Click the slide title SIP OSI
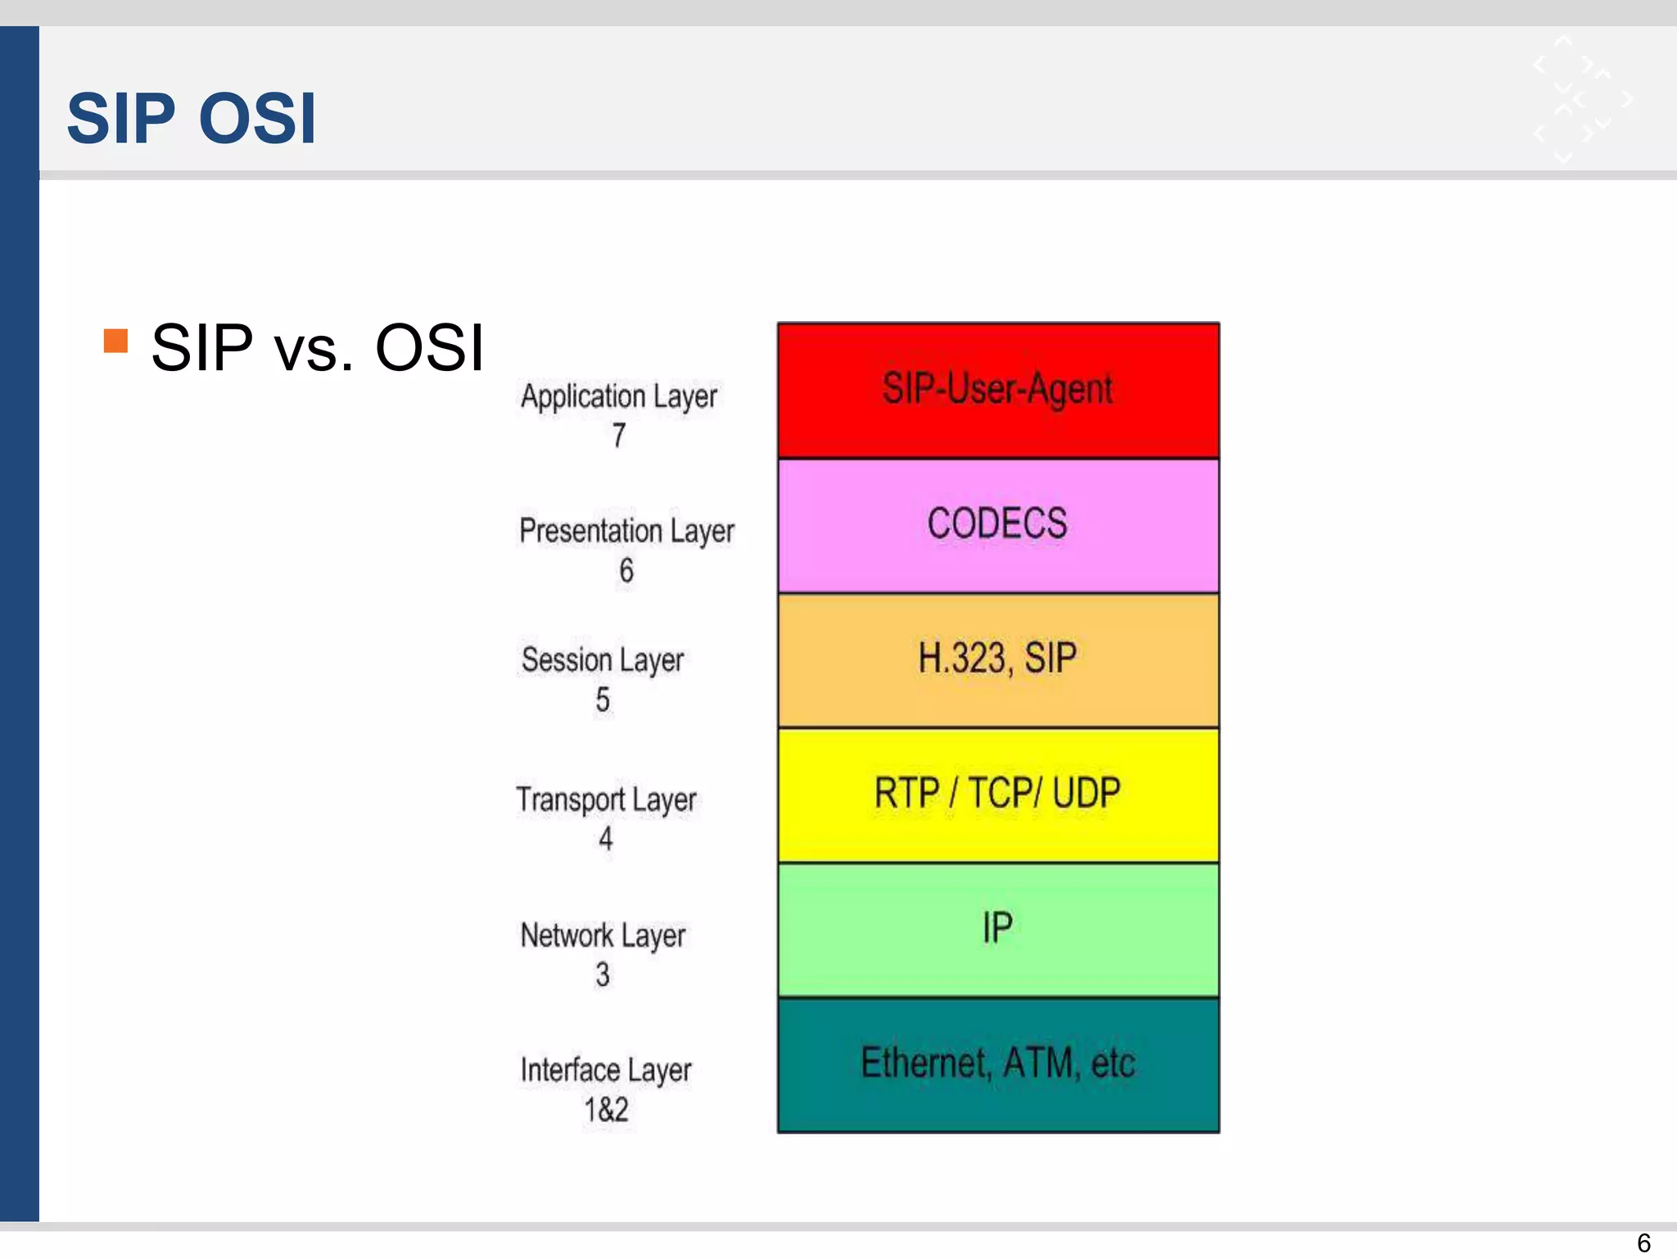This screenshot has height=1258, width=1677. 191,119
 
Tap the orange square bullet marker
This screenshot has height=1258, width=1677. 116,341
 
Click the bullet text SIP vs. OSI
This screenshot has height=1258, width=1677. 318,348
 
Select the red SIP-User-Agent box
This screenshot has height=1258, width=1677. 997,390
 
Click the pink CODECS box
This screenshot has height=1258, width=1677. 997,525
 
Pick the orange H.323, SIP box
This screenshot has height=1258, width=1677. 997,659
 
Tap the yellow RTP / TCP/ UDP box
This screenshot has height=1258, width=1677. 997,794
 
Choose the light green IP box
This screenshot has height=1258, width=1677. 997,929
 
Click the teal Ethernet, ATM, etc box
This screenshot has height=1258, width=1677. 997,1064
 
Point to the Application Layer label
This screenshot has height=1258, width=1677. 619,396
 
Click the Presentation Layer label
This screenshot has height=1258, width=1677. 626,531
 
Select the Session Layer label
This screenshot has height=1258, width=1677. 603,660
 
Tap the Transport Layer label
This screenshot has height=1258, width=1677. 606,799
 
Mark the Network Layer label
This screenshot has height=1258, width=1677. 603,935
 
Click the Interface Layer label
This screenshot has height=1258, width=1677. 606,1070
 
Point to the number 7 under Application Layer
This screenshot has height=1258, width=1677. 619,436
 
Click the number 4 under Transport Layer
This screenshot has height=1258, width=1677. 605,839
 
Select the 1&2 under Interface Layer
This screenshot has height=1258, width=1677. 606,1111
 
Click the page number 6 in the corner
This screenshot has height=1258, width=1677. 1643,1242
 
